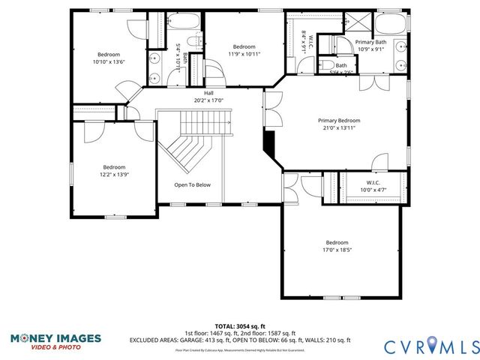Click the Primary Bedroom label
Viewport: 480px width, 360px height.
[338, 121]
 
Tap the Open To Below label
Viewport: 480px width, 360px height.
[193, 184]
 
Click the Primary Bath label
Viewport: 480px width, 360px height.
[370, 42]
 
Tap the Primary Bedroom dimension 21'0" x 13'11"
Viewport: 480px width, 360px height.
[338, 128]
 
